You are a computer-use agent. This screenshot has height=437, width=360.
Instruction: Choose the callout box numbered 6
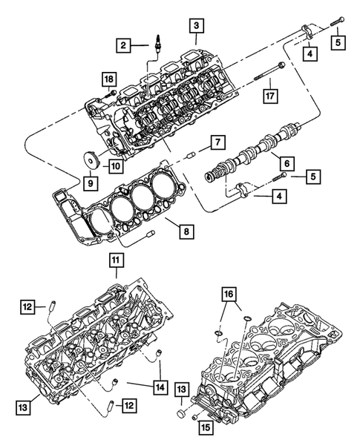pyautogui.click(x=283, y=159)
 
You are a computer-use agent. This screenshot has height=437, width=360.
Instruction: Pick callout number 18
pyautogui.click(x=108, y=79)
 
